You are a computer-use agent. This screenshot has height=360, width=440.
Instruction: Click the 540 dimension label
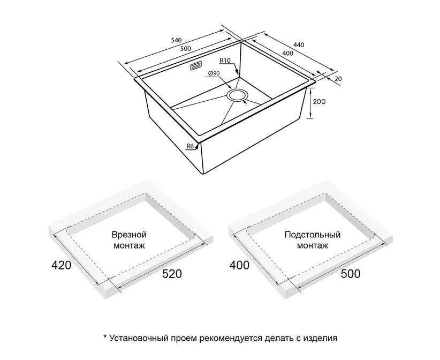[177, 40]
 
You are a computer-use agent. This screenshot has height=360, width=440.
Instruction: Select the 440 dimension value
[299, 44]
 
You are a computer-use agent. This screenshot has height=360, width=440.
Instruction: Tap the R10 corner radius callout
[225, 60]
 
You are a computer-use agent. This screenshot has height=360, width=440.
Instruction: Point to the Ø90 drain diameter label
[214, 73]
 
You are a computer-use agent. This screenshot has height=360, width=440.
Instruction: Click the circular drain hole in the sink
[237, 95]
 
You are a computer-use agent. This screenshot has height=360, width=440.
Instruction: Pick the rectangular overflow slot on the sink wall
[195, 66]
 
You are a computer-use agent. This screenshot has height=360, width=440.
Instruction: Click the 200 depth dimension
[320, 101]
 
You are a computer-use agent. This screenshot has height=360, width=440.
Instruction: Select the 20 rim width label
[338, 79]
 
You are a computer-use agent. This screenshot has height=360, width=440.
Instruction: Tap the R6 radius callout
[190, 146]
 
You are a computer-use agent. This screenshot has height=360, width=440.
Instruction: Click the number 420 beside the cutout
[61, 265]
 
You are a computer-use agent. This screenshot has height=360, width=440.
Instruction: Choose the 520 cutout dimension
[172, 274]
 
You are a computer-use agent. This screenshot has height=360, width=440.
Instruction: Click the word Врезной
[129, 235]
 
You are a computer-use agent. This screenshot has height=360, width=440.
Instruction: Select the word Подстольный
[312, 235]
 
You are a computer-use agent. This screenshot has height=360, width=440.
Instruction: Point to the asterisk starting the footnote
[105, 337]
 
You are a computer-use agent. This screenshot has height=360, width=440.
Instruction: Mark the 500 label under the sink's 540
[186, 49]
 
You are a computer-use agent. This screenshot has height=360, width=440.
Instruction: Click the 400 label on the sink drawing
[287, 53]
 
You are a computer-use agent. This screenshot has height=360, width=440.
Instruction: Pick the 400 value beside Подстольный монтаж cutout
[239, 265]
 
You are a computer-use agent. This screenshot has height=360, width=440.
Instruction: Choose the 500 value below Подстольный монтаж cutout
[351, 274]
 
